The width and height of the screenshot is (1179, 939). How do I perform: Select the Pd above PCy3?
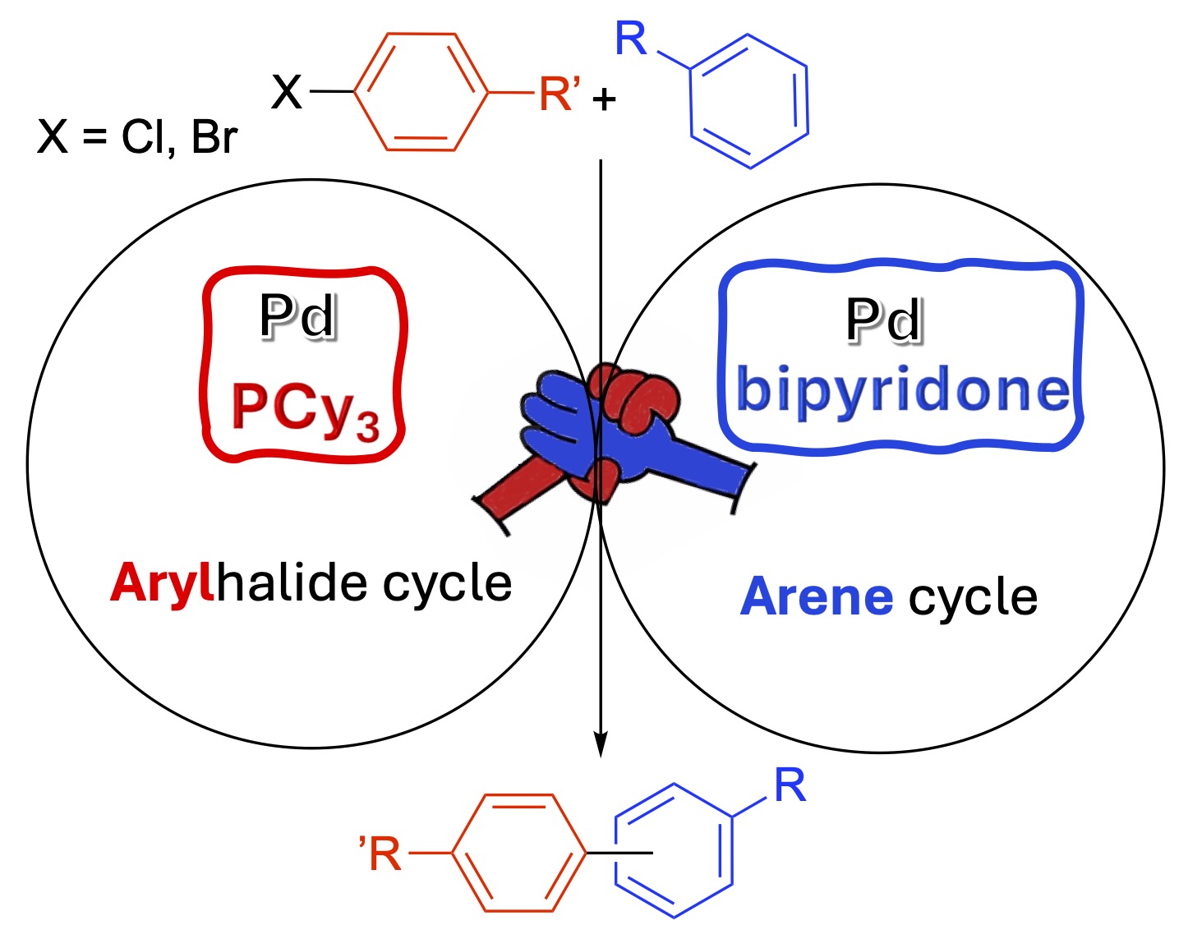pyautogui.click(x=297, y=316)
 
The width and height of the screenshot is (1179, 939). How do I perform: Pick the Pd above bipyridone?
pyautogui.click(x=883, y=320)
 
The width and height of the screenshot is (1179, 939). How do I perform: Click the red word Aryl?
pyautogui.click(x=161, y=584)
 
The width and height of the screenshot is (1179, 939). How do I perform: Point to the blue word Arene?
pyautogui.click(x=816, y=597)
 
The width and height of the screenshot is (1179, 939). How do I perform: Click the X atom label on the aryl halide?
pyautogui.click(x=287, y=92)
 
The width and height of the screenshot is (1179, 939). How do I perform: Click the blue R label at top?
pyautogui.click(x=631, y=39)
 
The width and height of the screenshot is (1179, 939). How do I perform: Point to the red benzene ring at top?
pyautogui.click(x=417, y=92)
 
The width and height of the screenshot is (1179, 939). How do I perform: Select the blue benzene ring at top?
pyautogui.click(x=748, y=101)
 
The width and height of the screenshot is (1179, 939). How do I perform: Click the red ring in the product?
pyautogui.click(x=518, y=853)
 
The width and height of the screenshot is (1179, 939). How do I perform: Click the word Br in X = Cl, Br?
pyautogui.click(x=214, y=137)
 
